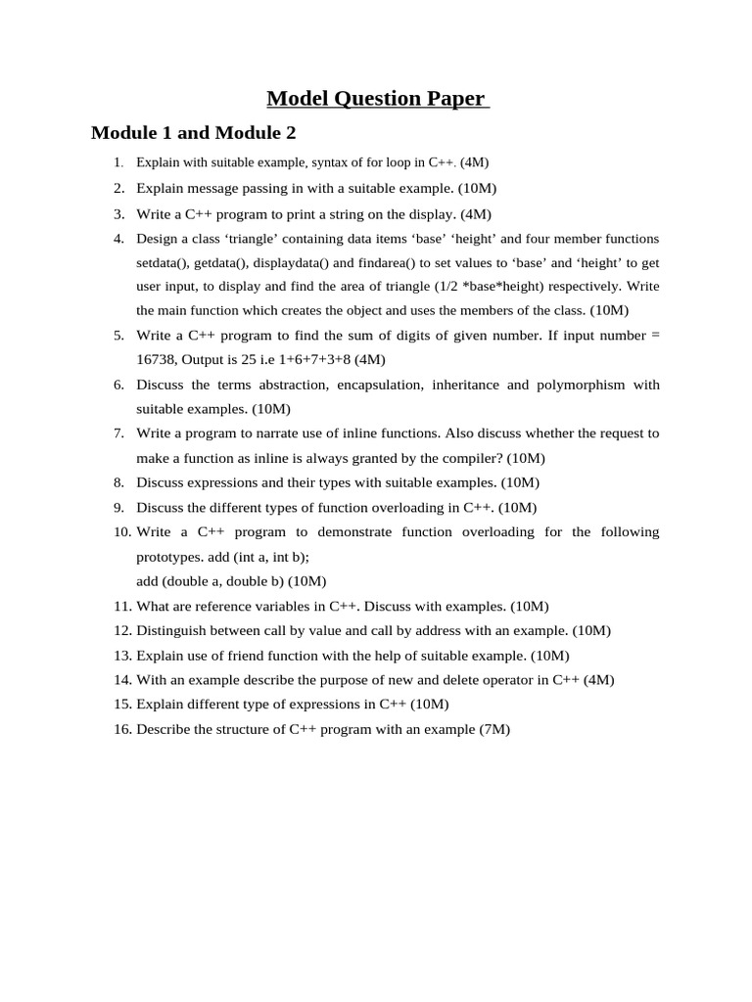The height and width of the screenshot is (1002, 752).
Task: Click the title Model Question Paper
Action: coord(377,98)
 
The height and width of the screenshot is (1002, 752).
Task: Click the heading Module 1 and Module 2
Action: coord(193,132)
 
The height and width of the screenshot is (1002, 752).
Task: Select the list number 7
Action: coord(118,433)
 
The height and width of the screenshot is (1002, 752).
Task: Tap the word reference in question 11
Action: coord(205,606)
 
